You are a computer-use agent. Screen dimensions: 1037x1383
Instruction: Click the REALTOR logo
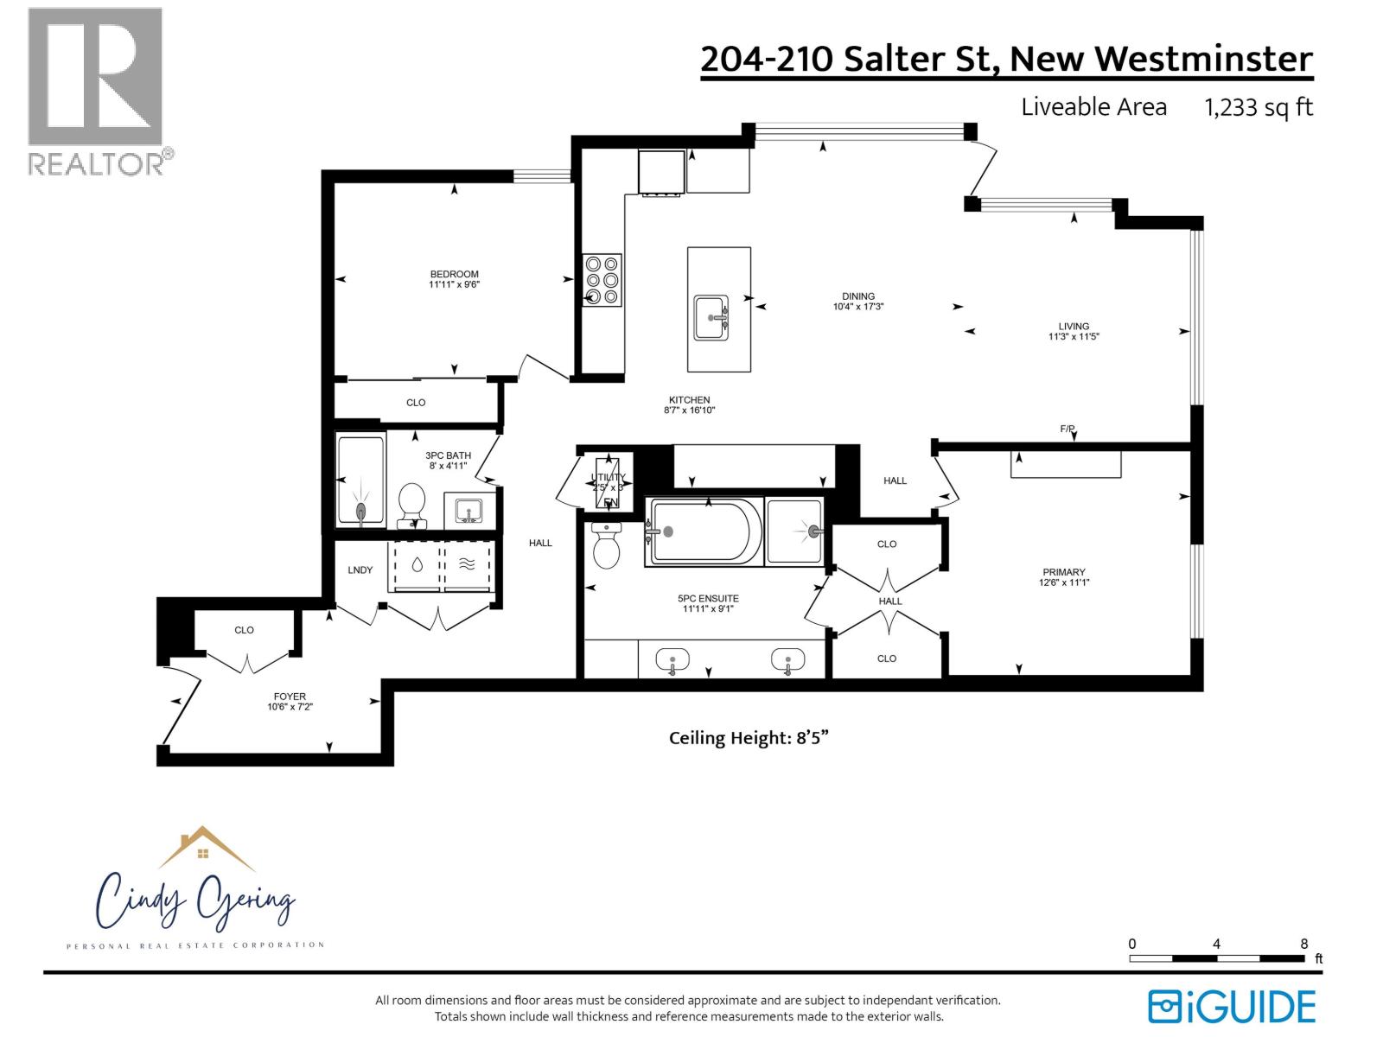tap(96, 91)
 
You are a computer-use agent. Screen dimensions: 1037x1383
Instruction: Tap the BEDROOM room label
tap(454, 278)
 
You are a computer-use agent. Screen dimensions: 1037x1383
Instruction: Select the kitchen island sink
tap(712, 318)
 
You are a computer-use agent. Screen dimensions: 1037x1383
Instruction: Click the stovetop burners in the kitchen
tap(602, 280)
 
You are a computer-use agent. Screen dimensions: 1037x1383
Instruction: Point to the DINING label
tap(858, 301)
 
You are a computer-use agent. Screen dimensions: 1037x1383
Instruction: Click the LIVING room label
tap(1074, 331)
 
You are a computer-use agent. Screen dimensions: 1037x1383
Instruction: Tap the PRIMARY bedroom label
tap(1063, 576)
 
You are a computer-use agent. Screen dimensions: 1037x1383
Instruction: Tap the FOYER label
tap(290, 701)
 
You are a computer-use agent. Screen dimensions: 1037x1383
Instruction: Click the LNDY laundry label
tap(360, 569)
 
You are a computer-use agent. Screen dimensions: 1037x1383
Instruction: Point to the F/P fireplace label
tap(1068, 429)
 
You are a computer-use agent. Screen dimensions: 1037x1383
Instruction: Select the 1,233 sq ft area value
tap(1259, 107)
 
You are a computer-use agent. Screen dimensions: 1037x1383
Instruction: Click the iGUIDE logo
tap(1232, 1007)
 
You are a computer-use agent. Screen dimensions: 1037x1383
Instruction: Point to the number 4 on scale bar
tap(1216, 944)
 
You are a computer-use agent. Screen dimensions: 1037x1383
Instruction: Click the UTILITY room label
tap(608, 477)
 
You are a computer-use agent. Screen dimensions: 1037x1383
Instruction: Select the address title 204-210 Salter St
tap(1006, 59)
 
